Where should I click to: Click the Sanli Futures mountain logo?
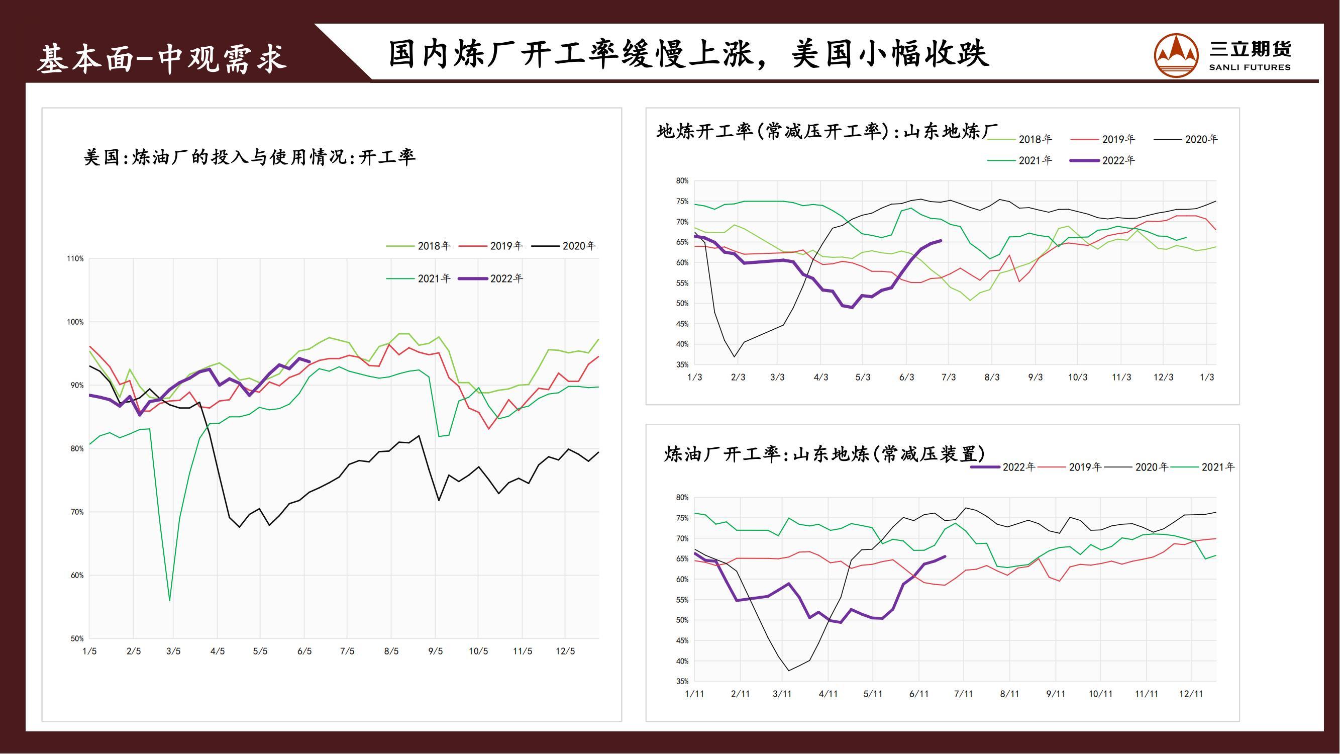coord(1176,55)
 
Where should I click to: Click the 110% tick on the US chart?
coord(75,258)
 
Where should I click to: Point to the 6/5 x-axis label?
coord(304,651)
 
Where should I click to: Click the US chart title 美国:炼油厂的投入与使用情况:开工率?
coord(250,157)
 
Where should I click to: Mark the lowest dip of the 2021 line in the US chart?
coord(170,600)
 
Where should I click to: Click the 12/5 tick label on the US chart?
coord(565,651)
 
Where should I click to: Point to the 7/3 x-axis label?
coord(948,378)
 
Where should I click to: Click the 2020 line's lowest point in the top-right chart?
coord(735,356)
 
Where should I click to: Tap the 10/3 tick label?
coord(1077,378)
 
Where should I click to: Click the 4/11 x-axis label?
coord(828,694)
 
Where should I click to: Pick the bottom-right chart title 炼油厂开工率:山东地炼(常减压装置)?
coord(824,454)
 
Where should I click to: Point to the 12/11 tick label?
coord(1191,694)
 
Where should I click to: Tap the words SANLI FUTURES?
coord(1250,67)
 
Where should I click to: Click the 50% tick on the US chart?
coord(76,638)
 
